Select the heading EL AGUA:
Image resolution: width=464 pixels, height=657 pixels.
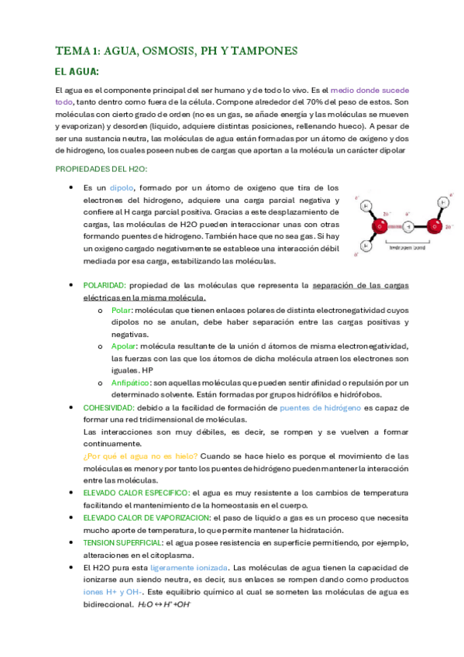click(x=77, y=72)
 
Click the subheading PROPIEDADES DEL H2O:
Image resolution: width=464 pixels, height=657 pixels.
click(x=101, y=169)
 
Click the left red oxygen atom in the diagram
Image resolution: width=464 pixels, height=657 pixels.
click(x=379, y=227)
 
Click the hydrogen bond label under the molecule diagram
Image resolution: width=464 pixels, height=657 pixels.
click(x=405, y=248)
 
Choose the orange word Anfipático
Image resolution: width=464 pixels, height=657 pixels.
click(x=129, y=383)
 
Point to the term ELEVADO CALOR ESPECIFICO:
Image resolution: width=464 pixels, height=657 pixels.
click(x=136, y=493)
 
